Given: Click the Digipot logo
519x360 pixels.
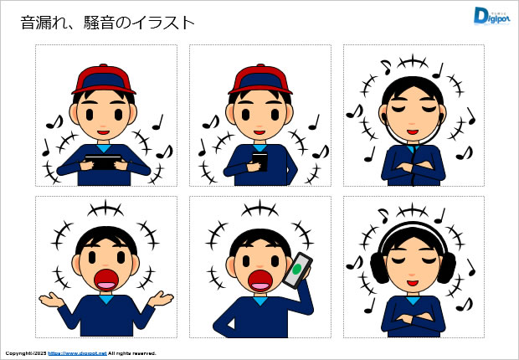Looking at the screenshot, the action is point(491,16).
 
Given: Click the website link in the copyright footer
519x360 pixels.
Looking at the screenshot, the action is point(77,353).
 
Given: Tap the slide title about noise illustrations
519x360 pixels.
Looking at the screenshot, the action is point(108,23).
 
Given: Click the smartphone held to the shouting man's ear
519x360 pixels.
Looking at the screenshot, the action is point(297,270).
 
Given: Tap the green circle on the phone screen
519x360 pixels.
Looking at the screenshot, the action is point(297,269).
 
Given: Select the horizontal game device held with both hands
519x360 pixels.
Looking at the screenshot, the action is point(103,162).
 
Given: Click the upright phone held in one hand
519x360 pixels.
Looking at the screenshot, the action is point(259,162).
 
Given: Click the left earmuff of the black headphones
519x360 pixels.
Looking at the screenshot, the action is point(379,268).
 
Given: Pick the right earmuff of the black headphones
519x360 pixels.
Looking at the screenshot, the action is point(446,268).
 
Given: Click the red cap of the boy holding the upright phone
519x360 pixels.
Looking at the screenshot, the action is point(260,80).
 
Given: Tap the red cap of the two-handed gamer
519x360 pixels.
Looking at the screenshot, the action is point(104,80).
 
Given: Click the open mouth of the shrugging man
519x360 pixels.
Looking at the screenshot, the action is point(106,280).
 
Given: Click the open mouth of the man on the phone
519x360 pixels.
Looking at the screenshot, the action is point(260,280).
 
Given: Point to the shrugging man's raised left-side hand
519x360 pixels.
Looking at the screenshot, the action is point(52,299).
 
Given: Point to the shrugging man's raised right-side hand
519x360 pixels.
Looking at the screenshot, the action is point(161,299).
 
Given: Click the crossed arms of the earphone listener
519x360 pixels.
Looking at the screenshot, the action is point(413,166).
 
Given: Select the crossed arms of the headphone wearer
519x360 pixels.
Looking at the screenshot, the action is point(413,318).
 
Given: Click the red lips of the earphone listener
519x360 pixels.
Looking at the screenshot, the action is point(413,132).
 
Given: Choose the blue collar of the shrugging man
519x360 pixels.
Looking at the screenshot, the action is point(106,300).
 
